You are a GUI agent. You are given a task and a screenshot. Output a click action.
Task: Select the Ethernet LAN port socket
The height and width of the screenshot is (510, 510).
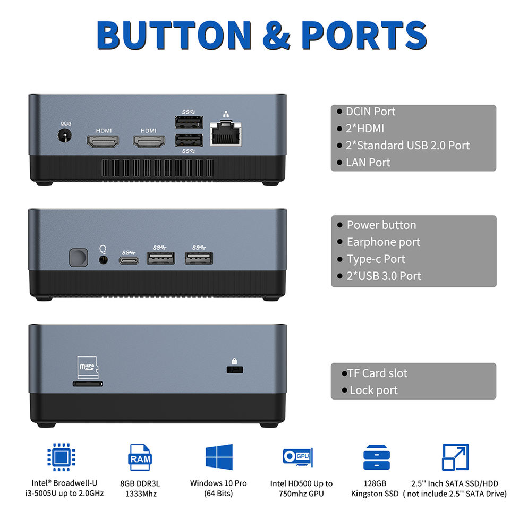coord(226,134)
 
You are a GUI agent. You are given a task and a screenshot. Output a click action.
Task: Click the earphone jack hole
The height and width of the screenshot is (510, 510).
coord(104,259)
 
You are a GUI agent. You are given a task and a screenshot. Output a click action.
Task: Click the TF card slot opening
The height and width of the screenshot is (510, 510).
coord(88,382)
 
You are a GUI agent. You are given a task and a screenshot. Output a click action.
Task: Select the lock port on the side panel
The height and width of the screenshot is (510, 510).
coord(233,369)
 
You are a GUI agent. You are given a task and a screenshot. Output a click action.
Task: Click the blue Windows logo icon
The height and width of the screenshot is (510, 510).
coord(219,457)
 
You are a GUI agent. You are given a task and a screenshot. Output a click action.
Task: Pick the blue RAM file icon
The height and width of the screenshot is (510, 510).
coord(140,457)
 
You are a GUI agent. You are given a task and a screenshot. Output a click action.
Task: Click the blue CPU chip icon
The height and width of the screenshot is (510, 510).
coord(61,457)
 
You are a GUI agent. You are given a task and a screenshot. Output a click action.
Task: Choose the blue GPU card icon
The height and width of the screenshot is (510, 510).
coord(297,457)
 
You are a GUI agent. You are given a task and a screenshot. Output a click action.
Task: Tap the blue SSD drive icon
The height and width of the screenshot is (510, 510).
coord(377,457)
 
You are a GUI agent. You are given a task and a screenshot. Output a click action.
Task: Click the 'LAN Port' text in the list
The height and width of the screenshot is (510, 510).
coord(368,162)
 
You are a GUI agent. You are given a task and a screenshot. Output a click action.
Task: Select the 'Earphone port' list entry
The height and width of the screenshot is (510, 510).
coord(383,242)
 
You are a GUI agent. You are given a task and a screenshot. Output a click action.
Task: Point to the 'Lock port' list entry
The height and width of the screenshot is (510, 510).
coord(373,390)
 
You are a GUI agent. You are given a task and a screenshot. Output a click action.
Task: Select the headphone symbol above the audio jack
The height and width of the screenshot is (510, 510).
coord(104,248)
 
